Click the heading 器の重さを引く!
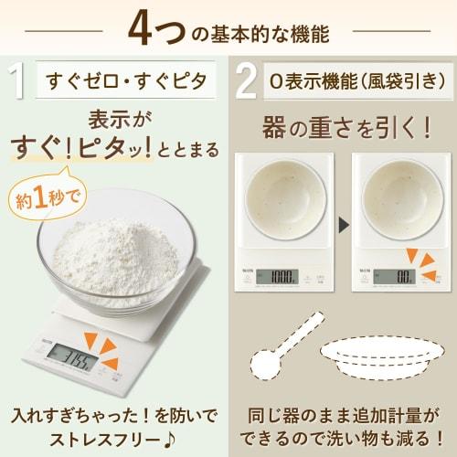tap(346, 125)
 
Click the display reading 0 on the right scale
tap(403, 275)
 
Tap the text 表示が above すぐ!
tap(117, 120)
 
